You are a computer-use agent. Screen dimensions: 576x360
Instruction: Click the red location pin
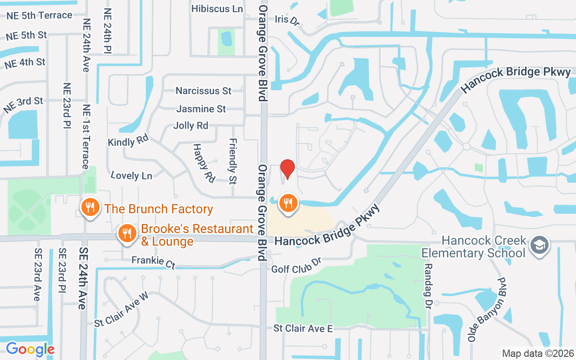288,168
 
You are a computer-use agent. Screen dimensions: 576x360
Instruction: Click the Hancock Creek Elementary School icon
538,245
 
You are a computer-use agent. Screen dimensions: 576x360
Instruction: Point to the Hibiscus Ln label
217,9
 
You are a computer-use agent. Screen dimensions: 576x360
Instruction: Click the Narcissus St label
203,91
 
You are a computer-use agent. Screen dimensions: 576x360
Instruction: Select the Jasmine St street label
201,109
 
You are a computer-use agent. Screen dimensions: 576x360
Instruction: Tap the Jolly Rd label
191,126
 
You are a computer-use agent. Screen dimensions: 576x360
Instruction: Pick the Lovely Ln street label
131,175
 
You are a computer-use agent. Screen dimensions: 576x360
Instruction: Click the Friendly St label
233,161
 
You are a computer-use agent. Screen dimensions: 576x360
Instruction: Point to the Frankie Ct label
153,261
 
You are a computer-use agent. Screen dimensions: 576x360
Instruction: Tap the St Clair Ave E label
303,329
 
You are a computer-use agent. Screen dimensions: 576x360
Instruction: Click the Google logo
30,349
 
